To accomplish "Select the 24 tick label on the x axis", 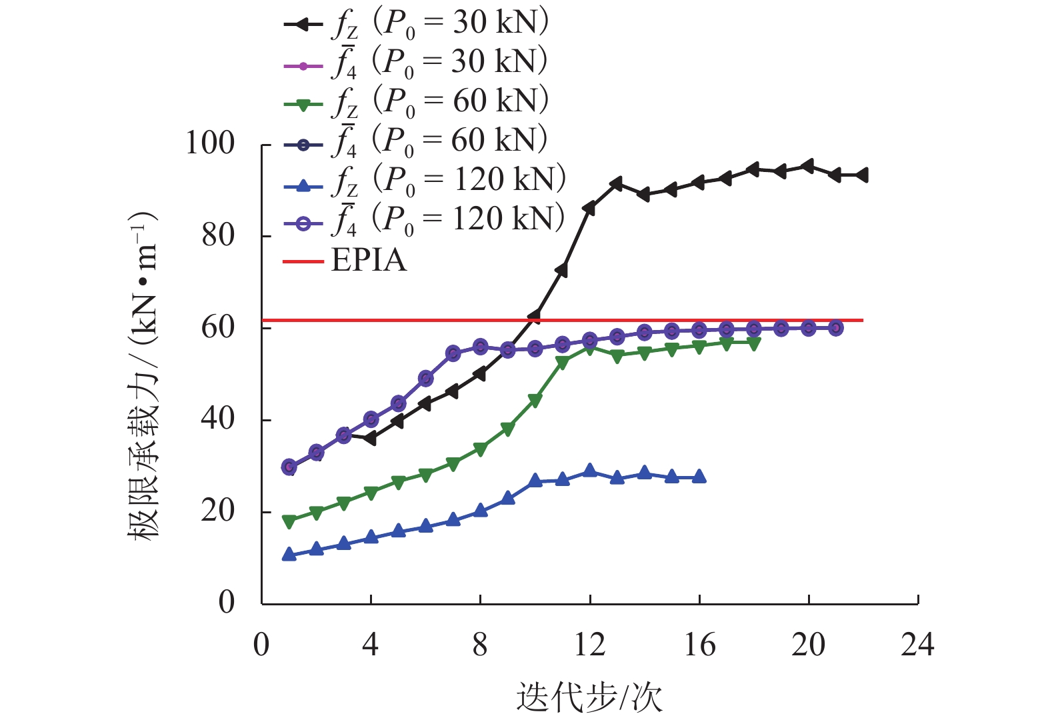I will pos(917,645).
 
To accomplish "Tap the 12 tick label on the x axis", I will pos(589,645).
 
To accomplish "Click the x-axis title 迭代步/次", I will pos(589,697).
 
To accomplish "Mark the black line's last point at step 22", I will pos(863,175).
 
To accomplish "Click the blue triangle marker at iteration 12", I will pos(589,471).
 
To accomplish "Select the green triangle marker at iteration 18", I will pos(753,344).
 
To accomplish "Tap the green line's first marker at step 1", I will pos(289,522).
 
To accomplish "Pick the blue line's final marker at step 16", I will pos(699,477).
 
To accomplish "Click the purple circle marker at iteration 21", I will pos(835,328).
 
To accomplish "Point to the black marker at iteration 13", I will pos(616,183).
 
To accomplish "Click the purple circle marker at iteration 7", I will pos(453,353).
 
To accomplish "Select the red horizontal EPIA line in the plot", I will pos(667,321).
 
